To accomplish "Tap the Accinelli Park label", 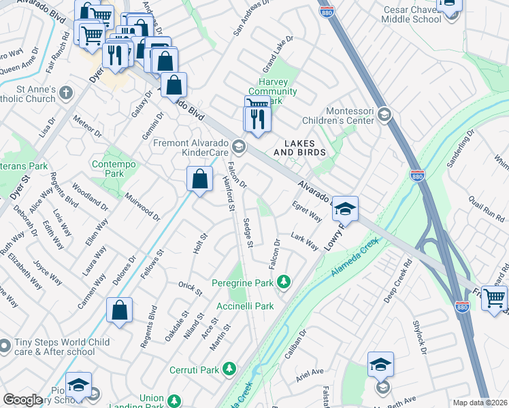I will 246,307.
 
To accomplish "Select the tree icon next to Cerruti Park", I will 230,370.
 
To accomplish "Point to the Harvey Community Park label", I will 272,91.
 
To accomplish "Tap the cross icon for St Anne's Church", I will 66,92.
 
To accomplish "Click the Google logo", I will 22,400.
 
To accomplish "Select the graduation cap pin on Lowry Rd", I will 345,209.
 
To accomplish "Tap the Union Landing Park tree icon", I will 175,401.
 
